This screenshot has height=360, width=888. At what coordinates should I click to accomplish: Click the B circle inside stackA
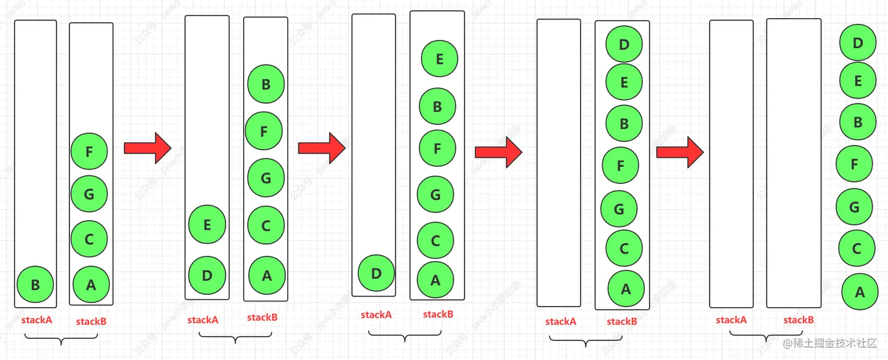coord(35,285)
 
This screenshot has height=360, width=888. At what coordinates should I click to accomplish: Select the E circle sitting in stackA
coord(207,225)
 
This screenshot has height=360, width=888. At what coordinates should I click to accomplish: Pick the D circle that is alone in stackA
coord(376,273)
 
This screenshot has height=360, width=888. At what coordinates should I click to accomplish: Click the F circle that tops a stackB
coord(89,152)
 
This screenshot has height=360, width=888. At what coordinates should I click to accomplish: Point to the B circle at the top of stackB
coord(266,85)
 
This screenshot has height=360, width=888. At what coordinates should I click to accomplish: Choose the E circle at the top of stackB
coord(439,59)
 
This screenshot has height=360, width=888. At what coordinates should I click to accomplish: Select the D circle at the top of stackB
coord(624,44)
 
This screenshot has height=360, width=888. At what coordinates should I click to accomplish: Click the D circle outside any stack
coord(857,43)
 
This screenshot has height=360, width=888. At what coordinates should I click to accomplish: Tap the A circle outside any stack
coord(860,291)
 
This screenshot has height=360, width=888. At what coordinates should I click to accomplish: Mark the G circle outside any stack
coord(855,207)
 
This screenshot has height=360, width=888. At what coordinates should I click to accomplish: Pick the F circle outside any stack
coord(855,164)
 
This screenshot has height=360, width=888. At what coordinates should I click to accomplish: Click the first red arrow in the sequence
coord(147,148)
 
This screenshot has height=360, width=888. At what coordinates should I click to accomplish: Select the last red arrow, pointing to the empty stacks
coord(680,152)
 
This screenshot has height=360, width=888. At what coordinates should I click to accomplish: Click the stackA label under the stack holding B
coord(37,320)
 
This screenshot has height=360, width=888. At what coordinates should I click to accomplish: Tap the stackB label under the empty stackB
coord(798,320)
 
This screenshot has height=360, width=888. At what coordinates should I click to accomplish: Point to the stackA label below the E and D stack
coord(203,320)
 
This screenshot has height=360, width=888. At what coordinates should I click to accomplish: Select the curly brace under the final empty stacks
coord(766,336)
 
